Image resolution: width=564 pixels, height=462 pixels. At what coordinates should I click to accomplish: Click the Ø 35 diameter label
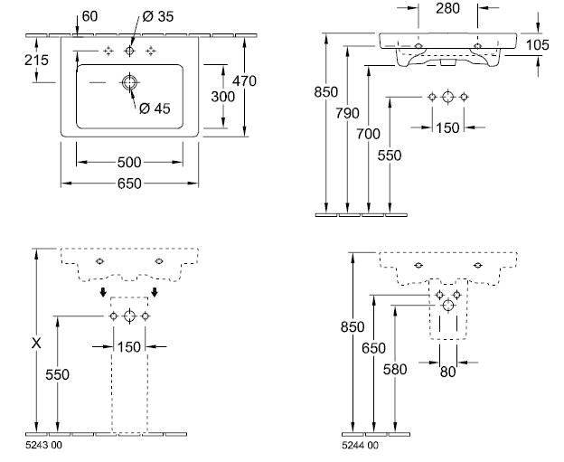tap(158, 16)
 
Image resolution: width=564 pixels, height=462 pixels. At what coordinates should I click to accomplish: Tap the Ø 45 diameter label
tap(155, 108)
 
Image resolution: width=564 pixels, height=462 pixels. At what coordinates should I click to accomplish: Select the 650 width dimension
tap(129, 184)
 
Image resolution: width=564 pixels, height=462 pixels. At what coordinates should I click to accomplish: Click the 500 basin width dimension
tap(129, 162)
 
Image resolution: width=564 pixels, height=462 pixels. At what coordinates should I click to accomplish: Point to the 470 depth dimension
tap(244, 81)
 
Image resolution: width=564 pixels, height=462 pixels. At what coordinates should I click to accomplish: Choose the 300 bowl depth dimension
tap(223, 97)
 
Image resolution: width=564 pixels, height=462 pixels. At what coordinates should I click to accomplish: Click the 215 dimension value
tap(36, 60)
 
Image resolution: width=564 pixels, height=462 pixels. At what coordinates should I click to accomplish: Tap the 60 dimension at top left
tap(89, 16)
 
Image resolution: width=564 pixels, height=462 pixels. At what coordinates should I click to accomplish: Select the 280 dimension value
tap(447, 8)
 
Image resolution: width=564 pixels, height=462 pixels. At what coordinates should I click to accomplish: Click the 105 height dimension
tap(538, 45)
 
